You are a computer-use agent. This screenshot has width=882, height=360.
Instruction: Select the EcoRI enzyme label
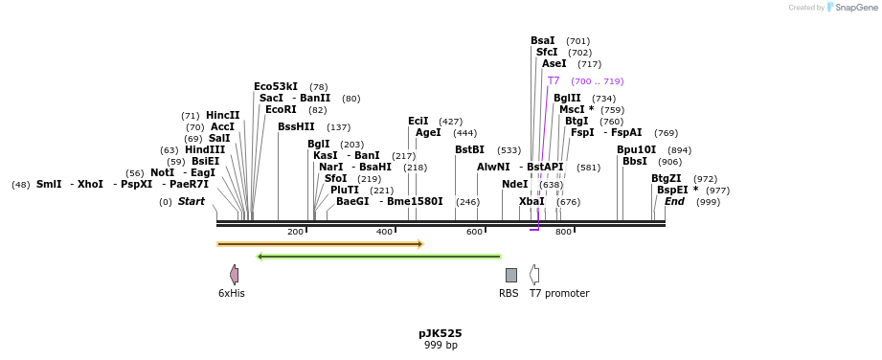[x=282, y=110]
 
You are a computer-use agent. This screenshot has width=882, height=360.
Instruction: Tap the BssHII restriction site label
[x=296, y=127]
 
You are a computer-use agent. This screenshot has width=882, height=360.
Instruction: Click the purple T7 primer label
[x=554, y=81]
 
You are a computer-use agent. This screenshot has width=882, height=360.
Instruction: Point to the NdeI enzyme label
[x=514, y=185]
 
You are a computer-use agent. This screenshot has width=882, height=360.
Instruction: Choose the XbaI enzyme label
[x=531, y=202]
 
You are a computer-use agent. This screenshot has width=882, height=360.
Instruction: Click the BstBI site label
[x=469, y=150]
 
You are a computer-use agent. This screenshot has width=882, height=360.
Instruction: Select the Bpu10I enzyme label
[x=636, y=150]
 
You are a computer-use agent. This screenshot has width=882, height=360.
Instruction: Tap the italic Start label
[x=191, y=202]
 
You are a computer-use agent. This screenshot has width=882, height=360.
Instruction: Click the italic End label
[x=674, y=202]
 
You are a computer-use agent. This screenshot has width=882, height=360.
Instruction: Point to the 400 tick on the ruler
[x=385, y=232]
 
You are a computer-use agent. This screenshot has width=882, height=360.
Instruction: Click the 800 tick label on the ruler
[x=563, y=232]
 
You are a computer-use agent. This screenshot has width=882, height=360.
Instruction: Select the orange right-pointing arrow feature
[x=320, y=244]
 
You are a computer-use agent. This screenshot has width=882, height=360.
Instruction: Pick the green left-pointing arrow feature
[x=379, y=257]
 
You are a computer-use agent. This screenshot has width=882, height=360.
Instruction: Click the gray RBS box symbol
[x=511, y=275]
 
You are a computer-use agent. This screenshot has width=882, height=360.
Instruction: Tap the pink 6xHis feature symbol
[x=234, y=275]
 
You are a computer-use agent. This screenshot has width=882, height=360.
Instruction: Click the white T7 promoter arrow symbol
[x=534, y=275]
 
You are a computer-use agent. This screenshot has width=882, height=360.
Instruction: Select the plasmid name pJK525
[x=441, y=333]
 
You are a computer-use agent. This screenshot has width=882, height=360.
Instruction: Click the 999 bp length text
[x=441, y=345]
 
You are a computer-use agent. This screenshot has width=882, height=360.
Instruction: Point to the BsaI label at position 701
[x=542, y=41]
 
